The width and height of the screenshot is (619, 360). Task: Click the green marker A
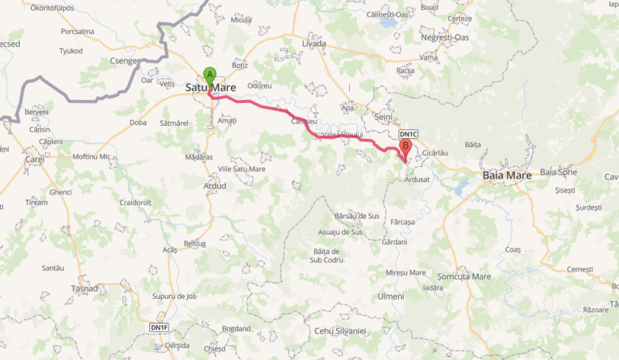click(209, 74)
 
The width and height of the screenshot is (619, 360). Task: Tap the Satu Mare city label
click(211, 88)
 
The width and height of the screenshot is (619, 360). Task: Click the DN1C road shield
click(408, 134)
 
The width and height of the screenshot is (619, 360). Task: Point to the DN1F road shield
click(159, 328)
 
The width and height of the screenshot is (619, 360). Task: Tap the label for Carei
click(34, 159)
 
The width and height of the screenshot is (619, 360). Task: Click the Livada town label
click(314, 44)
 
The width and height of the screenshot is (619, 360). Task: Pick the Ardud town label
click(214, 186)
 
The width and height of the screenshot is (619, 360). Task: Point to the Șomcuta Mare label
click(464, 276)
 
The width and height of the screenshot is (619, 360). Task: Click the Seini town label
click(383, 117)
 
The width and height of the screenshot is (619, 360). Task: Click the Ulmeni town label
click(391, 296)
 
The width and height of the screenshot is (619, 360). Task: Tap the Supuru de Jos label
click(173, 296)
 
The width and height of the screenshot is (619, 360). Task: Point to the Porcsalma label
click(78, 32)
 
